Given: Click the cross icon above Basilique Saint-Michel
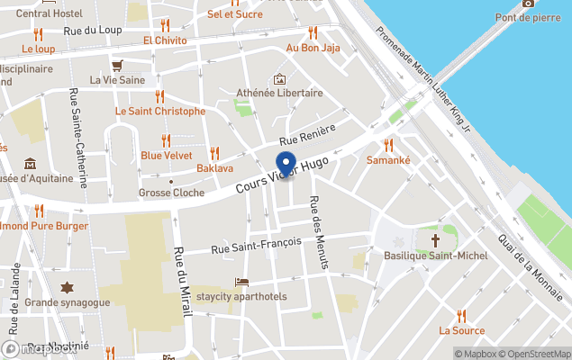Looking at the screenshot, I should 436,241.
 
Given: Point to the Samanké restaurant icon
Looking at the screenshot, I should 388,144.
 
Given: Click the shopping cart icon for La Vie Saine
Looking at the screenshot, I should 117,65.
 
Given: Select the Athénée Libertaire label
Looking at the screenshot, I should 279,93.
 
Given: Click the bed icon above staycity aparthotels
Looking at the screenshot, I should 241,283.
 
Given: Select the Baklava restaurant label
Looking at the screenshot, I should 214,168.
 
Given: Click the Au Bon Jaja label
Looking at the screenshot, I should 313,48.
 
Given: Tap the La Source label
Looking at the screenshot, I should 461,330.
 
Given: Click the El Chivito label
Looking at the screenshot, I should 165,41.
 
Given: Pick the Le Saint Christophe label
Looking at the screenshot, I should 159,111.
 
